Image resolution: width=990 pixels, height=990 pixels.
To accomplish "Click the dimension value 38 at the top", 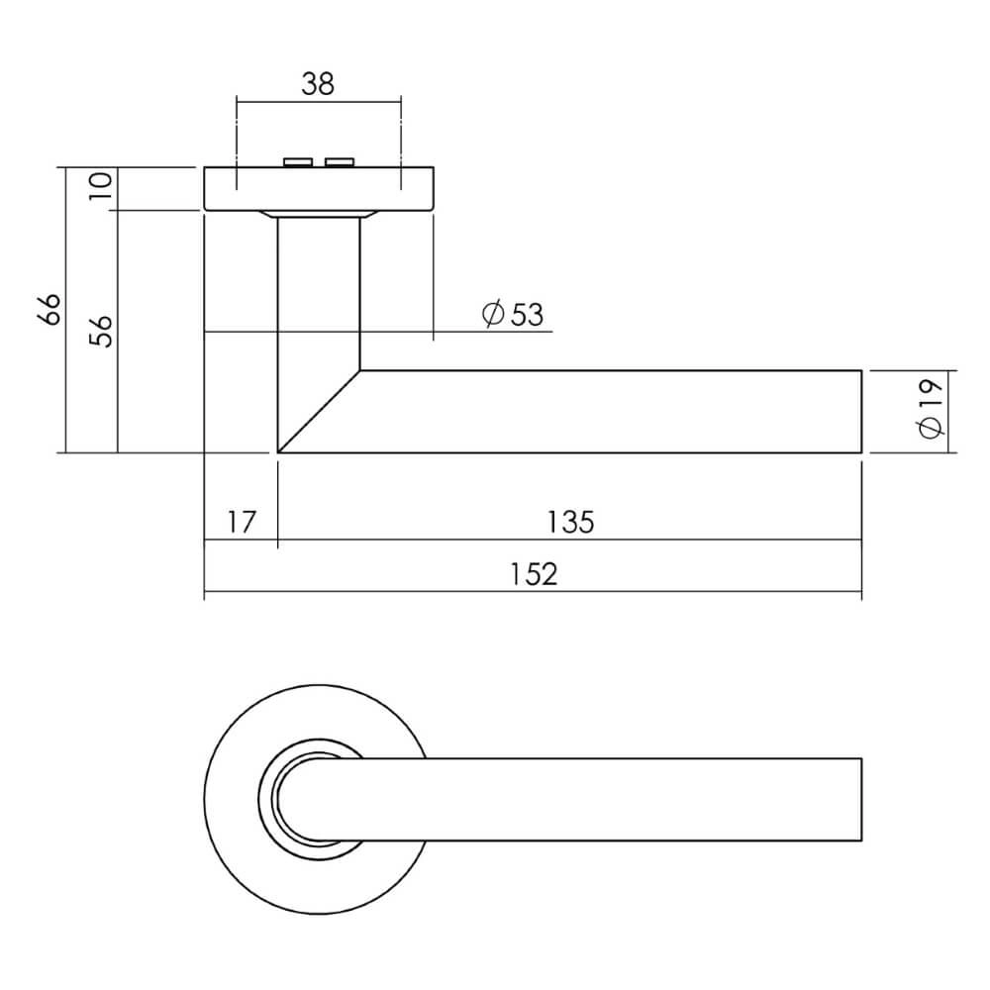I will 318,84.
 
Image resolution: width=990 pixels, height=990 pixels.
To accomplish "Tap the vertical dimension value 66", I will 49,310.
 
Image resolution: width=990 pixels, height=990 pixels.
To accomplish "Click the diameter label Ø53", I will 513,315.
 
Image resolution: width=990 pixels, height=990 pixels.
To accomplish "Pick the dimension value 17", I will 241,522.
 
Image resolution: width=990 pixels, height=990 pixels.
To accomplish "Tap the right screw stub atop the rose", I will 340,161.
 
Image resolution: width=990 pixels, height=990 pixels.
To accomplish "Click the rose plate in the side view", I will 318,188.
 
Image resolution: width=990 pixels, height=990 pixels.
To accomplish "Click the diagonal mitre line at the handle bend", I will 319,412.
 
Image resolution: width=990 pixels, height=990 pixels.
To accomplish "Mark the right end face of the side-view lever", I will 860,412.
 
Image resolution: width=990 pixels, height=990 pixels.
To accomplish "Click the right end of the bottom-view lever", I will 860,801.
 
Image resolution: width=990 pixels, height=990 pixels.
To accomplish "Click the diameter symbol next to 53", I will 492,315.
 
